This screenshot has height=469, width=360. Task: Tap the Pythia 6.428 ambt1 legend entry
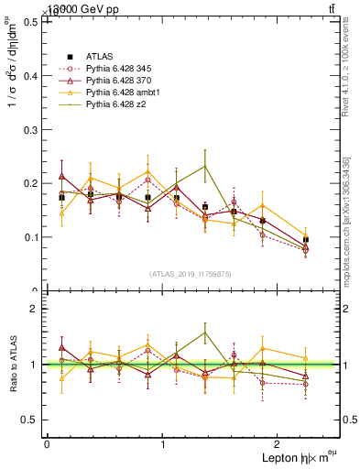pos(123,93)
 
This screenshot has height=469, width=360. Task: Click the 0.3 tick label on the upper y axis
pos(28,129)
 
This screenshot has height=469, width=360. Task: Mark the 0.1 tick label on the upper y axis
pos(28,237)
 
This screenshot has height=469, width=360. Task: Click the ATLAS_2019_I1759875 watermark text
pos(189,274)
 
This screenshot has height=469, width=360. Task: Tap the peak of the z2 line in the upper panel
pos(205,166)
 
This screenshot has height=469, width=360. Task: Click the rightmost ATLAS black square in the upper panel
pos(306,239)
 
